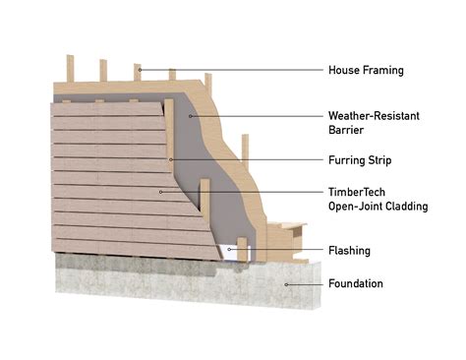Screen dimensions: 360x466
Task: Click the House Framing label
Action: tap(365, 70)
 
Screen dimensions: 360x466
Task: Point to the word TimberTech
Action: tap(356, 193)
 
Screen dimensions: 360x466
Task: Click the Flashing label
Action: tap(349, 251)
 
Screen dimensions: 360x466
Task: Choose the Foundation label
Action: tap(355, 284)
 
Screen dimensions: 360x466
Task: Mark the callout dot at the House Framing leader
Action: tap(140, 70)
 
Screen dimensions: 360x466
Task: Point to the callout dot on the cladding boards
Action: tap(160, 192)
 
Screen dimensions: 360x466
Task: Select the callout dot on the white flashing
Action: tap(232, 250)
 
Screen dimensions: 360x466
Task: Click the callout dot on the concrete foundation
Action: tap(286, 284)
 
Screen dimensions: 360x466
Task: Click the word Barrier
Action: tap(346, 129)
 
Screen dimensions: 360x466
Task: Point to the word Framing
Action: tap(382, 70)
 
